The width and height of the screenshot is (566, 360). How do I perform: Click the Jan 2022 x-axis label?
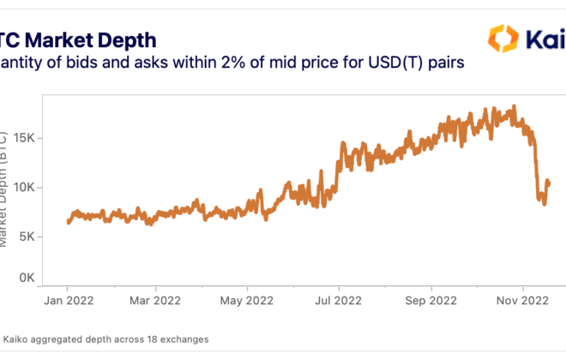pyautogui.click(x=69, y=301)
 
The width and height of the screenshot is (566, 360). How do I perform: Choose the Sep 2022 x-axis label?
pyautogui.click(x=431, y=301)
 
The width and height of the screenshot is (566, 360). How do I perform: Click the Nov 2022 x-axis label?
pyautogui.click(x=523, y=301)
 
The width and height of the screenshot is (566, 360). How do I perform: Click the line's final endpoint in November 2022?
pyautogui.click(x=549, y=183)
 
